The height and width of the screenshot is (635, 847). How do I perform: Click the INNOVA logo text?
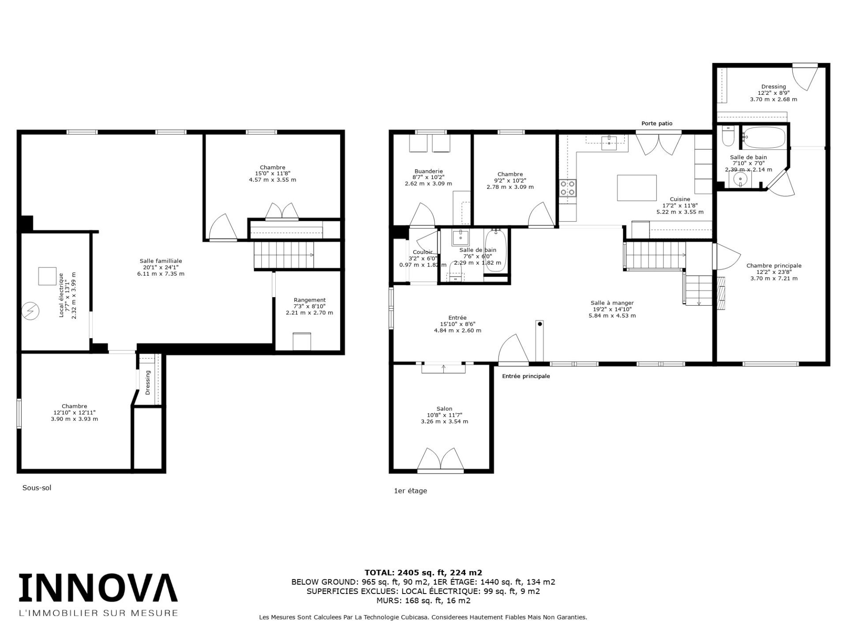pos(98,588)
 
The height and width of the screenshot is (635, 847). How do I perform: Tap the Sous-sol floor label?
pos(37,488)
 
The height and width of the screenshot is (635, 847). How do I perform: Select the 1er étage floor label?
pos(410,491)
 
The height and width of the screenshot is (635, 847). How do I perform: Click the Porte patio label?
pos(657,123)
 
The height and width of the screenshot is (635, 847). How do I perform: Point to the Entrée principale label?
pos(526,376)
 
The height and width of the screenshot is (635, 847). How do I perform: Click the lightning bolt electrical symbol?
pos(31,311)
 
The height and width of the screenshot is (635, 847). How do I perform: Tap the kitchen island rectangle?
pos(637,187)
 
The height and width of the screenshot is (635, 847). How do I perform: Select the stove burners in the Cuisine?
pos(567,188)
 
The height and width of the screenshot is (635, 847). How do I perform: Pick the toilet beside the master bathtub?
pos(727,137)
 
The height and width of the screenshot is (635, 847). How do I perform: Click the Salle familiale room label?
pos(161,267)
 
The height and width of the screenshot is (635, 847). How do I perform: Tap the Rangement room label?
pos(309,306)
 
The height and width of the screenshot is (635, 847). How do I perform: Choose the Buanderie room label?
pos(428,177)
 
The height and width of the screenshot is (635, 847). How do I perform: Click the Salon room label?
pos(444,415)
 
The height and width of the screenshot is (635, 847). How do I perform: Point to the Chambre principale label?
pos(774,272)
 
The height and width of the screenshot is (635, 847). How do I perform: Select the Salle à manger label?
pos(612,309)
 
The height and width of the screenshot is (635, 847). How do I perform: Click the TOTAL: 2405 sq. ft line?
pos(423,573)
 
